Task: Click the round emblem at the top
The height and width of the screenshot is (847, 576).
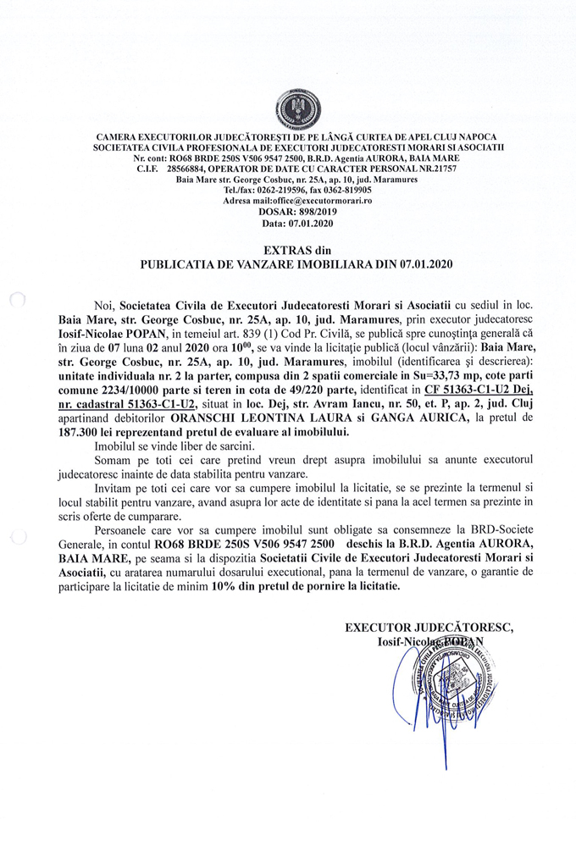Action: tap(297, 108)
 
